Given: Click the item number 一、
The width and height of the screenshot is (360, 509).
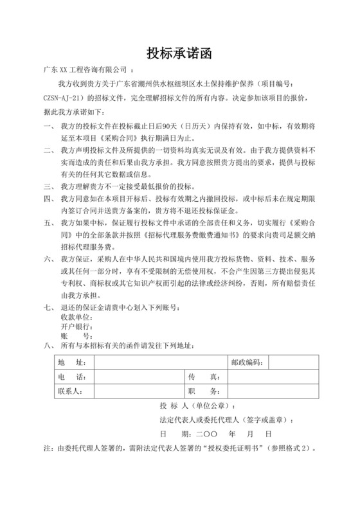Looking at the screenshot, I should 48,127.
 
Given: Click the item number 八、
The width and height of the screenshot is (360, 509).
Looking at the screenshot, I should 48,348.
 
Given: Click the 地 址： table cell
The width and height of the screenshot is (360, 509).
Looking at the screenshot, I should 71,362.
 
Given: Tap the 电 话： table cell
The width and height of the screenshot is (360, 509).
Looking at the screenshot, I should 71,377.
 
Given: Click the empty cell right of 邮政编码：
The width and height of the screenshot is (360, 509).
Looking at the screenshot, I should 291,362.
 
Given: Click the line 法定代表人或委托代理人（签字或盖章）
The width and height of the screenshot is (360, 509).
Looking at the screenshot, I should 225,420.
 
